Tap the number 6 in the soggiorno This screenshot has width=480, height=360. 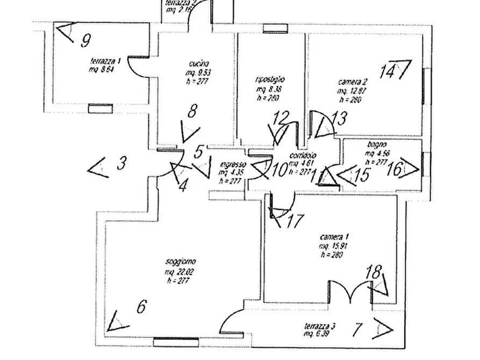[141, 307]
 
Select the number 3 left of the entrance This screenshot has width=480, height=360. [122, 163]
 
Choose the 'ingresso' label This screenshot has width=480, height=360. [233, 165]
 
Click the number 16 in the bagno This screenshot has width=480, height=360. [395, 169]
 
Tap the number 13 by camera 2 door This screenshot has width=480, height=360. [339, 119]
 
